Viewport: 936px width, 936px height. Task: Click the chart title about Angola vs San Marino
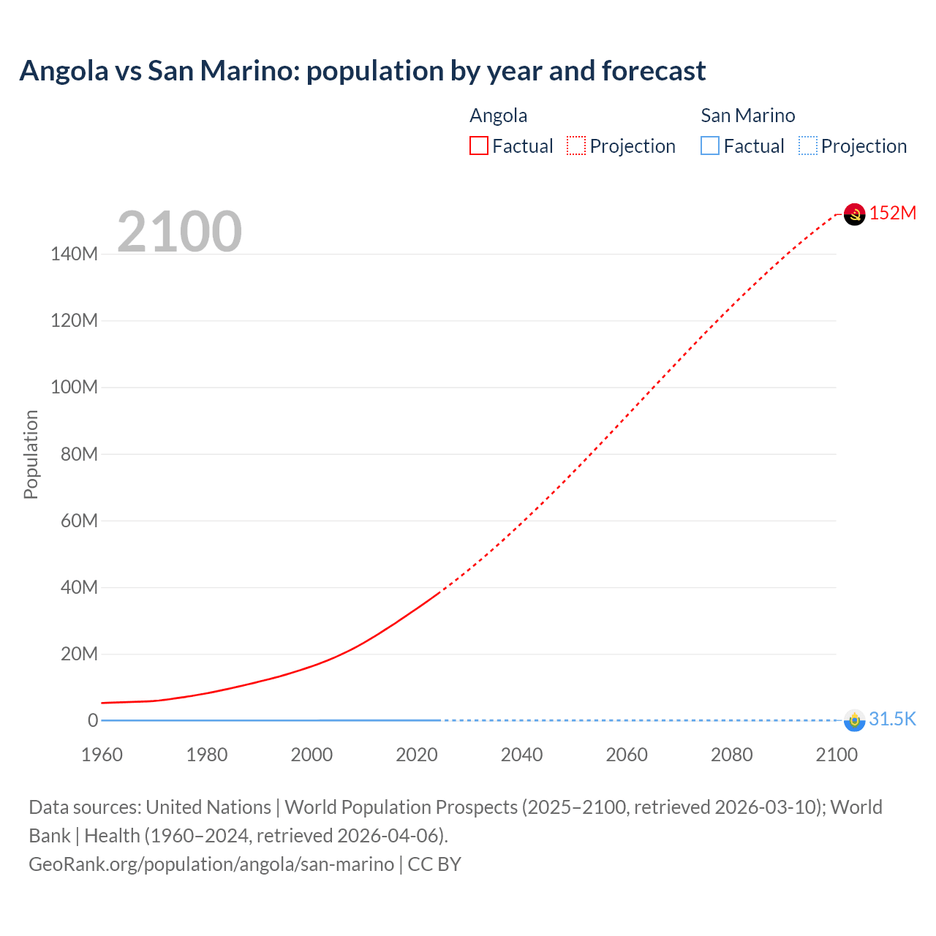coord(363,71)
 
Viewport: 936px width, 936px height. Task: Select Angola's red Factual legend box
coord(479,146)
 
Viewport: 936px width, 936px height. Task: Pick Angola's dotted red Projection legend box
coord(576,146)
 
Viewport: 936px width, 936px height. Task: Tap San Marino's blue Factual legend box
coord(710,146)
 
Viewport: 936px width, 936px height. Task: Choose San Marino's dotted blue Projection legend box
coord(808,146)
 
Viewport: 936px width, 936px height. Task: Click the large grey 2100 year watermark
coord(179,232)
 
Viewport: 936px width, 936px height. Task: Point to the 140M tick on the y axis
coord(74,254)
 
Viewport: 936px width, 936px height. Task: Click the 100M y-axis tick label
coord(74,388)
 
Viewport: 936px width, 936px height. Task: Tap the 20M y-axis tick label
coord(78,654)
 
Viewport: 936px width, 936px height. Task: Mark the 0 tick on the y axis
coord(93,720)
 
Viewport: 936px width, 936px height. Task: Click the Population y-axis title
coord(31,454)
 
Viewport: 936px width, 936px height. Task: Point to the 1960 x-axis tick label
coord(102,755)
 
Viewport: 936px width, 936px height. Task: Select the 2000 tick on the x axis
coord(312,755)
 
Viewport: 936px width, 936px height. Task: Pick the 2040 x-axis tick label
coord(521,755)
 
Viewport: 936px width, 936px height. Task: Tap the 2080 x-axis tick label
coord(731,755)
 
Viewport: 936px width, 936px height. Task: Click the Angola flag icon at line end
coord(854,214)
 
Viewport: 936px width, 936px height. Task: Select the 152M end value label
coord(892,213)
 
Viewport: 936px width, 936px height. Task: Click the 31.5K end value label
coord(892,719)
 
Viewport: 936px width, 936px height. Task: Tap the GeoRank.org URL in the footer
coord(211,864)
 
